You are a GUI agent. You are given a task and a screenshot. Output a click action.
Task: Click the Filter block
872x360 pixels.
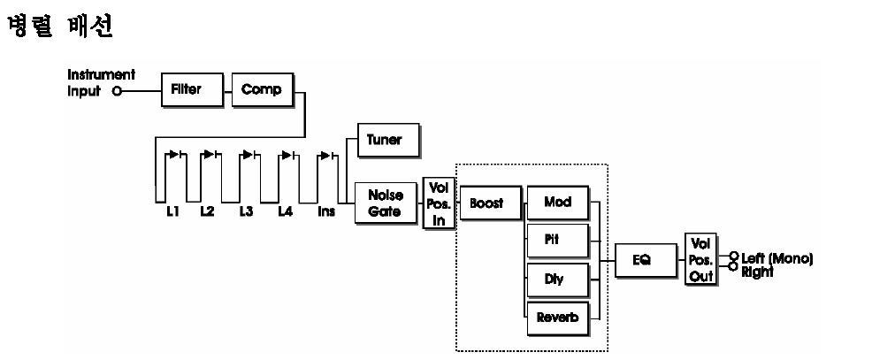(187, 90)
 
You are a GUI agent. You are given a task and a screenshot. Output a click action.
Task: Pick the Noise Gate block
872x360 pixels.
(386, 203)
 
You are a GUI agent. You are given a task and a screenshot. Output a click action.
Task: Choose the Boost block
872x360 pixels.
(486, 203)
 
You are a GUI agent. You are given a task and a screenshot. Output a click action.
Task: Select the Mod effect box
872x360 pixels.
(557, 203)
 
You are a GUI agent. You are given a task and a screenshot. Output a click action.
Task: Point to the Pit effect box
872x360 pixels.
(557, 240)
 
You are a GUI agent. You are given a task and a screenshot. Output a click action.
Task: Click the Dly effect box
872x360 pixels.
(557, 279)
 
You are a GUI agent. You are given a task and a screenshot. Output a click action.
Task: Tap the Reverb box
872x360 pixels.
(557, 318)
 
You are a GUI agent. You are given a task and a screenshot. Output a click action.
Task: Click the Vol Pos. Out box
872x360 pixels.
(700, 259)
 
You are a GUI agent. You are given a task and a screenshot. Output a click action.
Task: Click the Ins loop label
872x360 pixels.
(326, 212)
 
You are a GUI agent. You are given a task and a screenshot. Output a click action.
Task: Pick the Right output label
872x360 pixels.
(757, 272)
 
